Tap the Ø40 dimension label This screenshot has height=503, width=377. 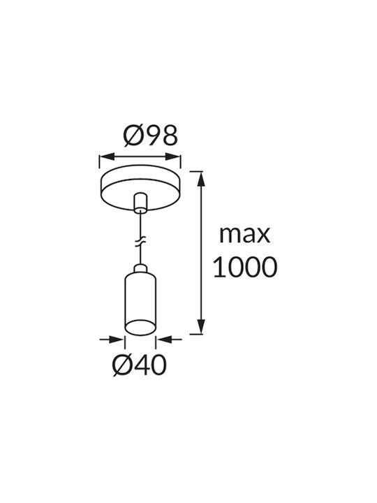pyautogui.click(x=140, y=365)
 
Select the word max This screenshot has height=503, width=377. pyautogui.click(x=244, y=235)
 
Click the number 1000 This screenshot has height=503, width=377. pyautogui.click(x=244, y=267)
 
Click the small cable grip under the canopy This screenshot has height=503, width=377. pyautogui.click(x=140, y=203)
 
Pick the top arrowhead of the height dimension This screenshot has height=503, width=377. pyautogui.click(x=201, y=179)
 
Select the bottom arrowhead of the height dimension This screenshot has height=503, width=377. pyautogui.click(x=201, y=326)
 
